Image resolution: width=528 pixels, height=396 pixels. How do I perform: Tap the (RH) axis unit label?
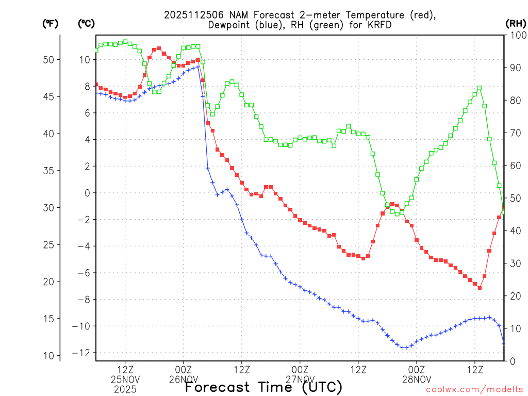coord(515,23)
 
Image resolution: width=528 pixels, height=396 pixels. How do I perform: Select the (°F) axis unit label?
coord(50,23)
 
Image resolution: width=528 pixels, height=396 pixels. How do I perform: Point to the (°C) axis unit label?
coord(86,23)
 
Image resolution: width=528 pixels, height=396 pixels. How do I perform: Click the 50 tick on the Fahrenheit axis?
coord(48,60)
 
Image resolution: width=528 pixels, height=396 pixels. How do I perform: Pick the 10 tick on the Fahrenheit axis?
coord(48,356)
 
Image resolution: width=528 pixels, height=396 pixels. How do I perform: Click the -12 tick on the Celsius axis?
coord(83,353)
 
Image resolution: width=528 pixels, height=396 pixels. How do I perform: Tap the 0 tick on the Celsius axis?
coord(87,193)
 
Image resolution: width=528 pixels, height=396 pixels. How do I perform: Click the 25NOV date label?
coord(125,379)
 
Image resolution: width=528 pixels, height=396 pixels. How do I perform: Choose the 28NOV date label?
coord(417,379)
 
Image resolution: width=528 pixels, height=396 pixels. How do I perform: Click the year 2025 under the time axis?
coord(125,389)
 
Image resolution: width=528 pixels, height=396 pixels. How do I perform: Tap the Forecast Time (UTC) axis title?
coord(263,387)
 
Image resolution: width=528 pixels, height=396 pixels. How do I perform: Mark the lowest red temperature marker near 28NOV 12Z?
coord(480,288)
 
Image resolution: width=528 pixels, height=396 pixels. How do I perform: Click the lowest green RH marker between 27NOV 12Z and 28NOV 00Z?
coord(397,213)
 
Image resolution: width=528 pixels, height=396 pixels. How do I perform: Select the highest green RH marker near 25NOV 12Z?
coord(125,41)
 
